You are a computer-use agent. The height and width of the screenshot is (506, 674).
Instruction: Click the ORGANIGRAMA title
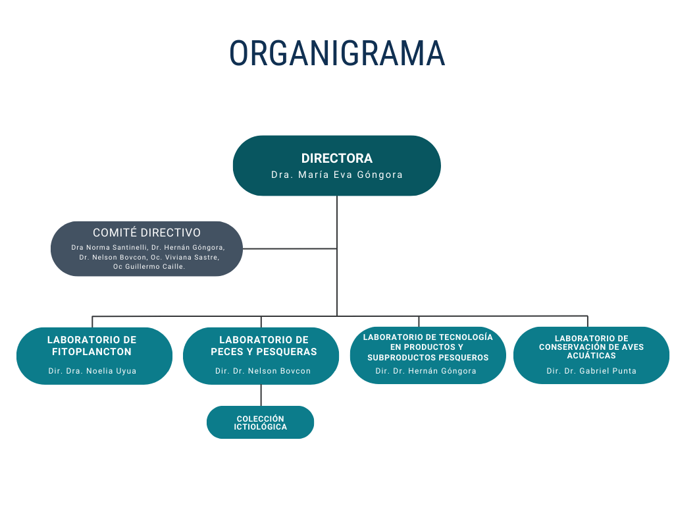pyautogui.click(x=337, y=53)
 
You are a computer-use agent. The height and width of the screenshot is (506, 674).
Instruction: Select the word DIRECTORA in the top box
pyautogui.click(x=337, y=158)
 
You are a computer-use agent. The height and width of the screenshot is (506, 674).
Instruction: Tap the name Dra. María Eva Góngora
pyautogui.click(x=337, y=175)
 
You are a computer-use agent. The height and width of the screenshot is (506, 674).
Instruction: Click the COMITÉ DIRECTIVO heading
pyautogui.click(x=147, y=233)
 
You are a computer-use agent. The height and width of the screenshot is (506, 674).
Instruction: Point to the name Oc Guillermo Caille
pyautogui.click(x=149, y=267)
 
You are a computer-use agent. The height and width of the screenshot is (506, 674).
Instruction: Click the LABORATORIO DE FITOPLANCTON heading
pyautogui.click(x=92, y=345)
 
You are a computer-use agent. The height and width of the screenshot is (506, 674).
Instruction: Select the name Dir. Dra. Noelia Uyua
pyautogui.click(x=92, y=371)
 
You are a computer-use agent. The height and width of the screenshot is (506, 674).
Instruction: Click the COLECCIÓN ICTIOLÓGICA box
pyautogui.click(x=261, y=422)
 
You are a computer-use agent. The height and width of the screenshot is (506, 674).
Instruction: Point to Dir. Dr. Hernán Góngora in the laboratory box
pyautogui.click(x=426, y=371)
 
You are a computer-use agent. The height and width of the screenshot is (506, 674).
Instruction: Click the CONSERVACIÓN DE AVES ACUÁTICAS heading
pyautogui.click(x=591, y=347)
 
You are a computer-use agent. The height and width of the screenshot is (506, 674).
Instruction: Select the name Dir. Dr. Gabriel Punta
pyautogui.click(x=591, y=371)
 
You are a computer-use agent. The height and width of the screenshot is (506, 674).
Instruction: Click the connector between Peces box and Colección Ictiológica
pyautogui.click(x=261, y=395)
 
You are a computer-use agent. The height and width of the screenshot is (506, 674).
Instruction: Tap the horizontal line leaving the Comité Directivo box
pyautogui.click(x=290, y=248)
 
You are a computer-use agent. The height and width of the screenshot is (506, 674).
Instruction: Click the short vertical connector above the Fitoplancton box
pyautogui.click(x=92, y=322)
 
